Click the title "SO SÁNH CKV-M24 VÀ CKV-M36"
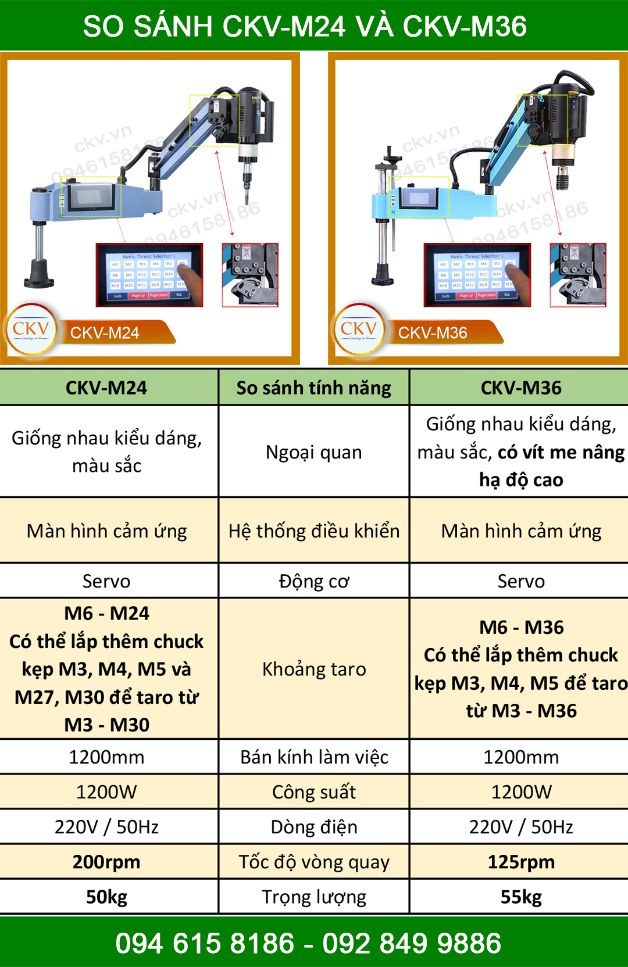[x=305, y=26]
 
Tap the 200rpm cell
[x=106, y=862]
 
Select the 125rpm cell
[x=521, y=862]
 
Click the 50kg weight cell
[x=106, y=897]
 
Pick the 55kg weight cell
[x=521, y=897]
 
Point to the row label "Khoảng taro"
[x=314, y=669]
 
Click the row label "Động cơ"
[x=314, y=581]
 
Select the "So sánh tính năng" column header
[x=314, y=388]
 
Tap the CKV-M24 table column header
[x=106, y=388]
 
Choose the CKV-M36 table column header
[x=521, y=388]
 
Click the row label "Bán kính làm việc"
[x=314, y=757]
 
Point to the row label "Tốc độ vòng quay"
[x=314, y=862]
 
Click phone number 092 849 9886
[x=412, y=943]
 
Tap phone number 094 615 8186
[x=205, y=943]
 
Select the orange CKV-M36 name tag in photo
[x=442, y=332]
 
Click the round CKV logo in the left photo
[x=31, y=330]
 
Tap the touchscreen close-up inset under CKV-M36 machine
[x=477, y=274]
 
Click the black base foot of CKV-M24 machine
[x=39, y=274]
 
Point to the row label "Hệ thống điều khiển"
[x=314, y=531]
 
